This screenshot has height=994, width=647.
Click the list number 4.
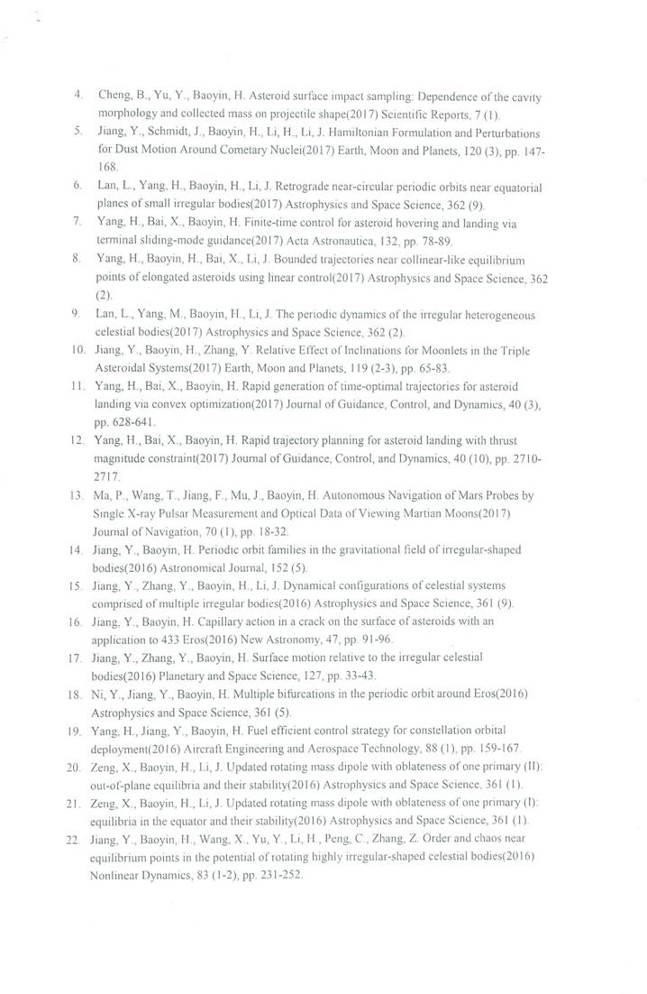78,95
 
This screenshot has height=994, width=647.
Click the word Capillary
215,622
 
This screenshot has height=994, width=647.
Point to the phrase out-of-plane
125,786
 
